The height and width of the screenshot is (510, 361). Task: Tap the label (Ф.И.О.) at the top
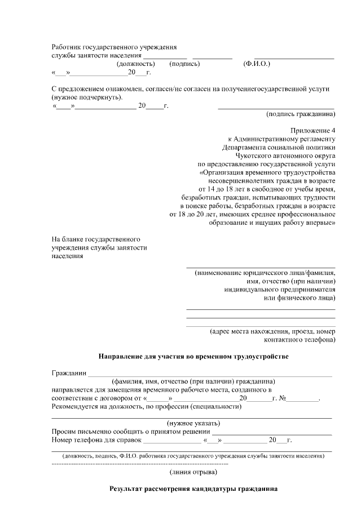[x=257, y=64]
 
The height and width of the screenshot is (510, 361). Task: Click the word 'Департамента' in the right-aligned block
[x=245, y=147]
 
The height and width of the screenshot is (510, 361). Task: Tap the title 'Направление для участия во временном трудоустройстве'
[x=193, y=357]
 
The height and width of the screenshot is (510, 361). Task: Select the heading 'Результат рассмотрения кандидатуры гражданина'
[x=193, y=489]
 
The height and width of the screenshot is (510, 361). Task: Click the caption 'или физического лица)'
[x=300, y=298]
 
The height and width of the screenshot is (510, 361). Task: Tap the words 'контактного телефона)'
[x=300, y=340]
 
